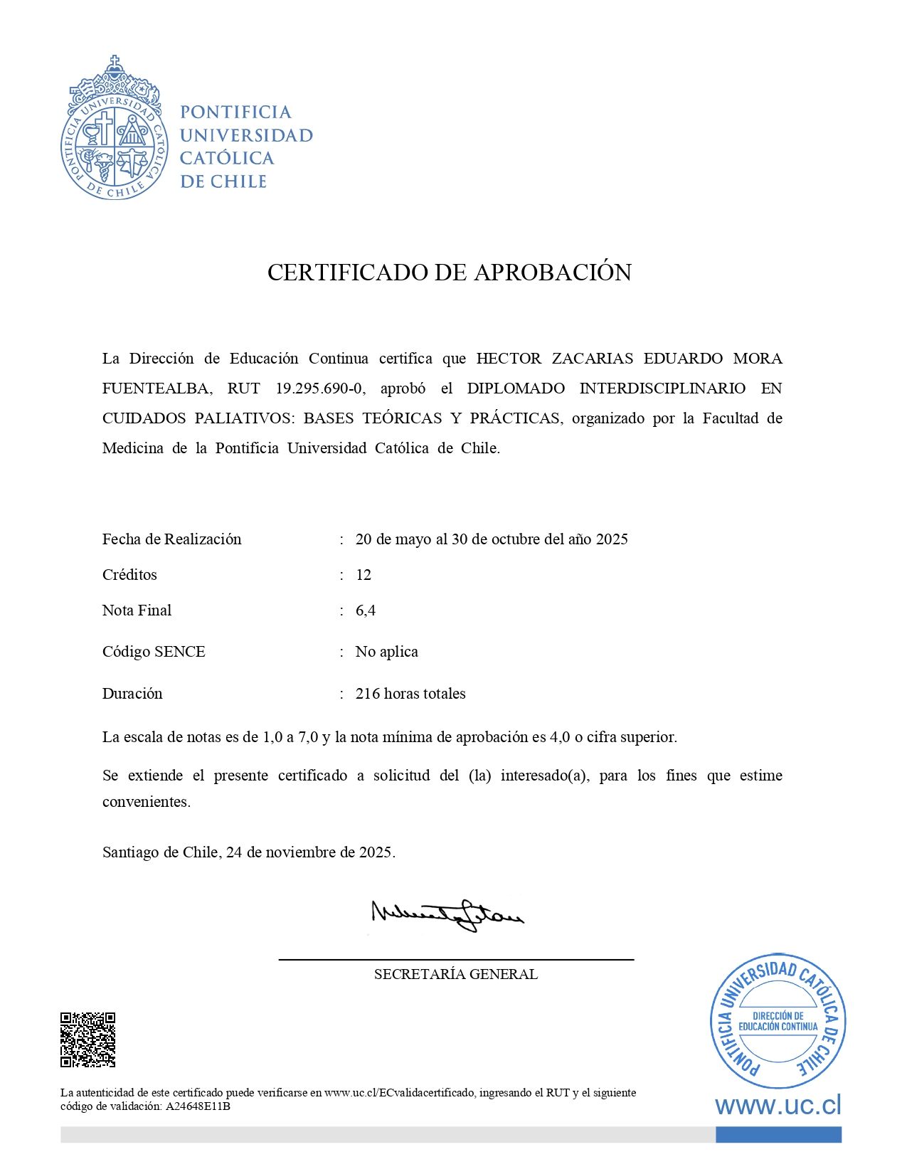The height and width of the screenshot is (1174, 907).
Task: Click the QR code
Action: tap(87, 1040)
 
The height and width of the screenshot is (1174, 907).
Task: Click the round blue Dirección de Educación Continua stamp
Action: tap(778, 1021)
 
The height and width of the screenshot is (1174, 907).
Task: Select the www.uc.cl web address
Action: tap(778, 1106)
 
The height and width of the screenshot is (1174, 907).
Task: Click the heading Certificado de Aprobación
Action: tap(449, 273)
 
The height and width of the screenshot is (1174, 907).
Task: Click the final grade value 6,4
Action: tap(366, 610)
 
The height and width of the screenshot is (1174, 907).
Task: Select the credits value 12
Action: tap(364, 575)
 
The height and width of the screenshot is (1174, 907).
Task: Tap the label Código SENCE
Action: tap(154, 652)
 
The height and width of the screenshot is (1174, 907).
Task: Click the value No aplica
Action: tap(386, 652)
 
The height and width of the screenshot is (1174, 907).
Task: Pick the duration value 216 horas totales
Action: tap(410, 694)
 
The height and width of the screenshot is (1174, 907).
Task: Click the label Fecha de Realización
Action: tap(171, 539)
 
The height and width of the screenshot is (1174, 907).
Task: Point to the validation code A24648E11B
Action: tap(198, 1106)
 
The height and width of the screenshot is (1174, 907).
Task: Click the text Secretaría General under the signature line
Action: tap(455, 974)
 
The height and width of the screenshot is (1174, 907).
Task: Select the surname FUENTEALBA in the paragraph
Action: tap(157, 388)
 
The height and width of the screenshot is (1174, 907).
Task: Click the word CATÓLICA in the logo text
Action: tap(227, 158)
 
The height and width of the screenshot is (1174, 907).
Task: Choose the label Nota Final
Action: tap(137, 610)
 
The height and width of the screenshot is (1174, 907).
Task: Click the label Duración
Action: tap(132, 694)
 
